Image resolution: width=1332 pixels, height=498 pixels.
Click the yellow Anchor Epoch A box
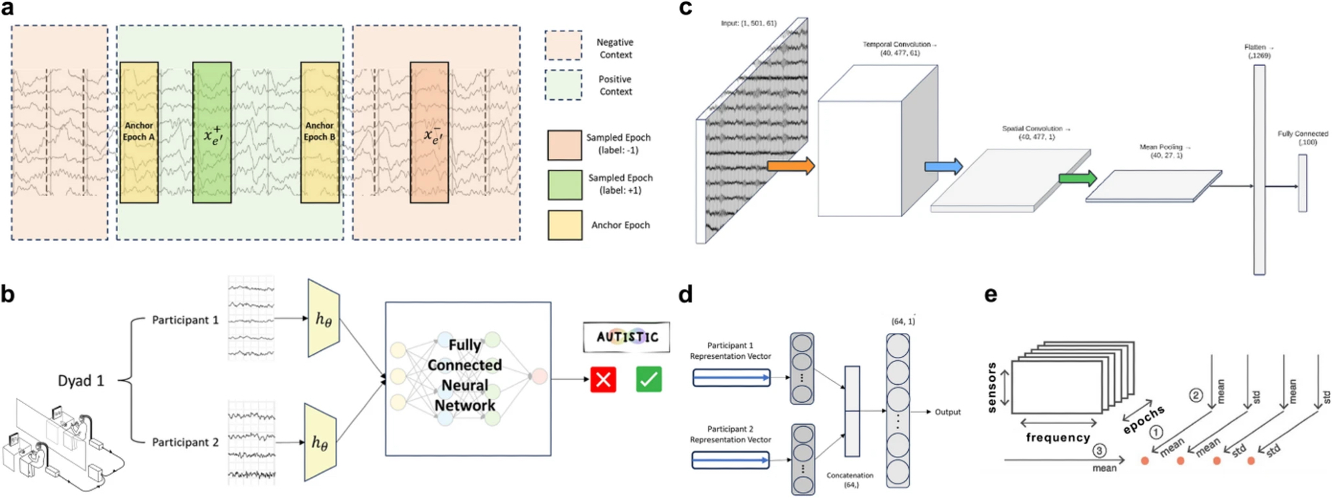[139, 132]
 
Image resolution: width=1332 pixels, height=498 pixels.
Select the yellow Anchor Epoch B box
[320, 132]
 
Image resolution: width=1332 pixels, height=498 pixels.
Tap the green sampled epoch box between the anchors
[212, 132]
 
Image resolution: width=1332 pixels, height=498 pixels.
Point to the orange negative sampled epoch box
[429, 132]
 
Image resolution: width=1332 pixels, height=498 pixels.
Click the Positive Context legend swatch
[563, 85]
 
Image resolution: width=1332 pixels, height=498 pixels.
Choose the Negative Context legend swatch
[563, 46]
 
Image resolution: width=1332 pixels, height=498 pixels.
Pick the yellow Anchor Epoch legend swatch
[565, 225]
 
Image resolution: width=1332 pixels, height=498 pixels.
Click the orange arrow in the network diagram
[791, 166]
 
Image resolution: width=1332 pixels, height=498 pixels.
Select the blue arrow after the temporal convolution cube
[943, 166]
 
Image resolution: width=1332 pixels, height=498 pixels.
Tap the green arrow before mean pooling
[1078, 178]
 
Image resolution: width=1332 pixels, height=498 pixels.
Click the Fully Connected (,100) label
[1302, 138]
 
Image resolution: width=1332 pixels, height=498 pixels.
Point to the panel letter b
[8, 294]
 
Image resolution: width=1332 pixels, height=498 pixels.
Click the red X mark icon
[603, 379]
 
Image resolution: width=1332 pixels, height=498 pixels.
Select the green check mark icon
[649, 379]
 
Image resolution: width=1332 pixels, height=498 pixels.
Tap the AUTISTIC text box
[627, 337]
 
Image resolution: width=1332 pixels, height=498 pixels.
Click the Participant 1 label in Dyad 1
[185, 320]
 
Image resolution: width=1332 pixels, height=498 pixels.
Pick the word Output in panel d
[947, 412]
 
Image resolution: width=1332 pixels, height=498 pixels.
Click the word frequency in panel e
[1058, 437]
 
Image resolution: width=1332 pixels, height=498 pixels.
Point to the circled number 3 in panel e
[1099, 451]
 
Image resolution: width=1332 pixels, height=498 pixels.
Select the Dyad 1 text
[81, 381]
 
